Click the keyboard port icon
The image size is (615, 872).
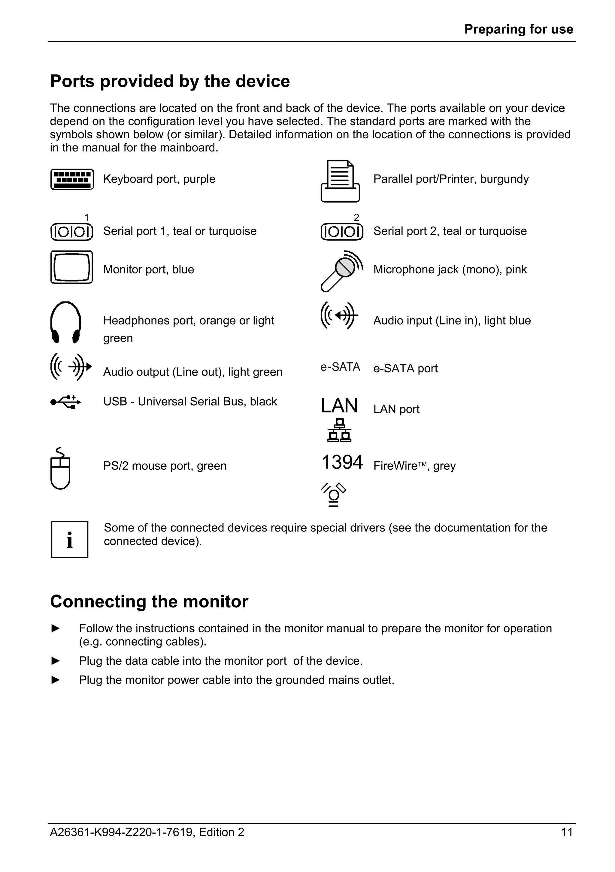pyautogui.click(x=72, y=179)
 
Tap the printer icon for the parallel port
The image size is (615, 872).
pyautogui.click(x=340, y=181)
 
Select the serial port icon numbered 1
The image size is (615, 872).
pyautogui.click(x=72, y=232)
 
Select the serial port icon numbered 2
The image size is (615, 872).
pyautogui.click(x=342, y=232)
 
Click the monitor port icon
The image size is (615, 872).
pyautogui.click(x=72, y=267)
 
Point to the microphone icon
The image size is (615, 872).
pyautogui.click(x=341, y=271)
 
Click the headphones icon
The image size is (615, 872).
pyautogui.click(x=66, y=322)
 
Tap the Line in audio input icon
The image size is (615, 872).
pyautogui.click(x=339, y=315)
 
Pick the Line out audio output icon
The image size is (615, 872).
pyautogui.click(x=71, y=367)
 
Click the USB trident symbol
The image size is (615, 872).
pyautogui.click(x=66, y=402)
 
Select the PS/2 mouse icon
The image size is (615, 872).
pyautogui.click(x=60, y=469)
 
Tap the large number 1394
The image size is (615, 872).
pyautogui.click(x=342, y=463)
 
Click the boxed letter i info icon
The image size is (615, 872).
pyautogui.click(x=70, y=539)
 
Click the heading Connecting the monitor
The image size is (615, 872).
pyautogui.click(x=149, y=602)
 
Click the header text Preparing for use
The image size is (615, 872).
pyautogui.click(x=518, y=29)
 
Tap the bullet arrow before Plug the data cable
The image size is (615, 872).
pyautogui.click(x=56, y=661)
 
